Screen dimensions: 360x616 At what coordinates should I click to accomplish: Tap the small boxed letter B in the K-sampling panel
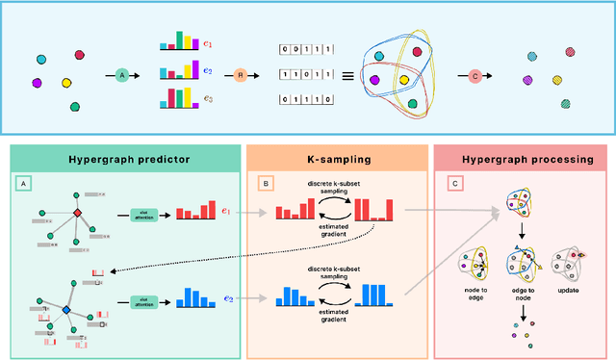(264, 181)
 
